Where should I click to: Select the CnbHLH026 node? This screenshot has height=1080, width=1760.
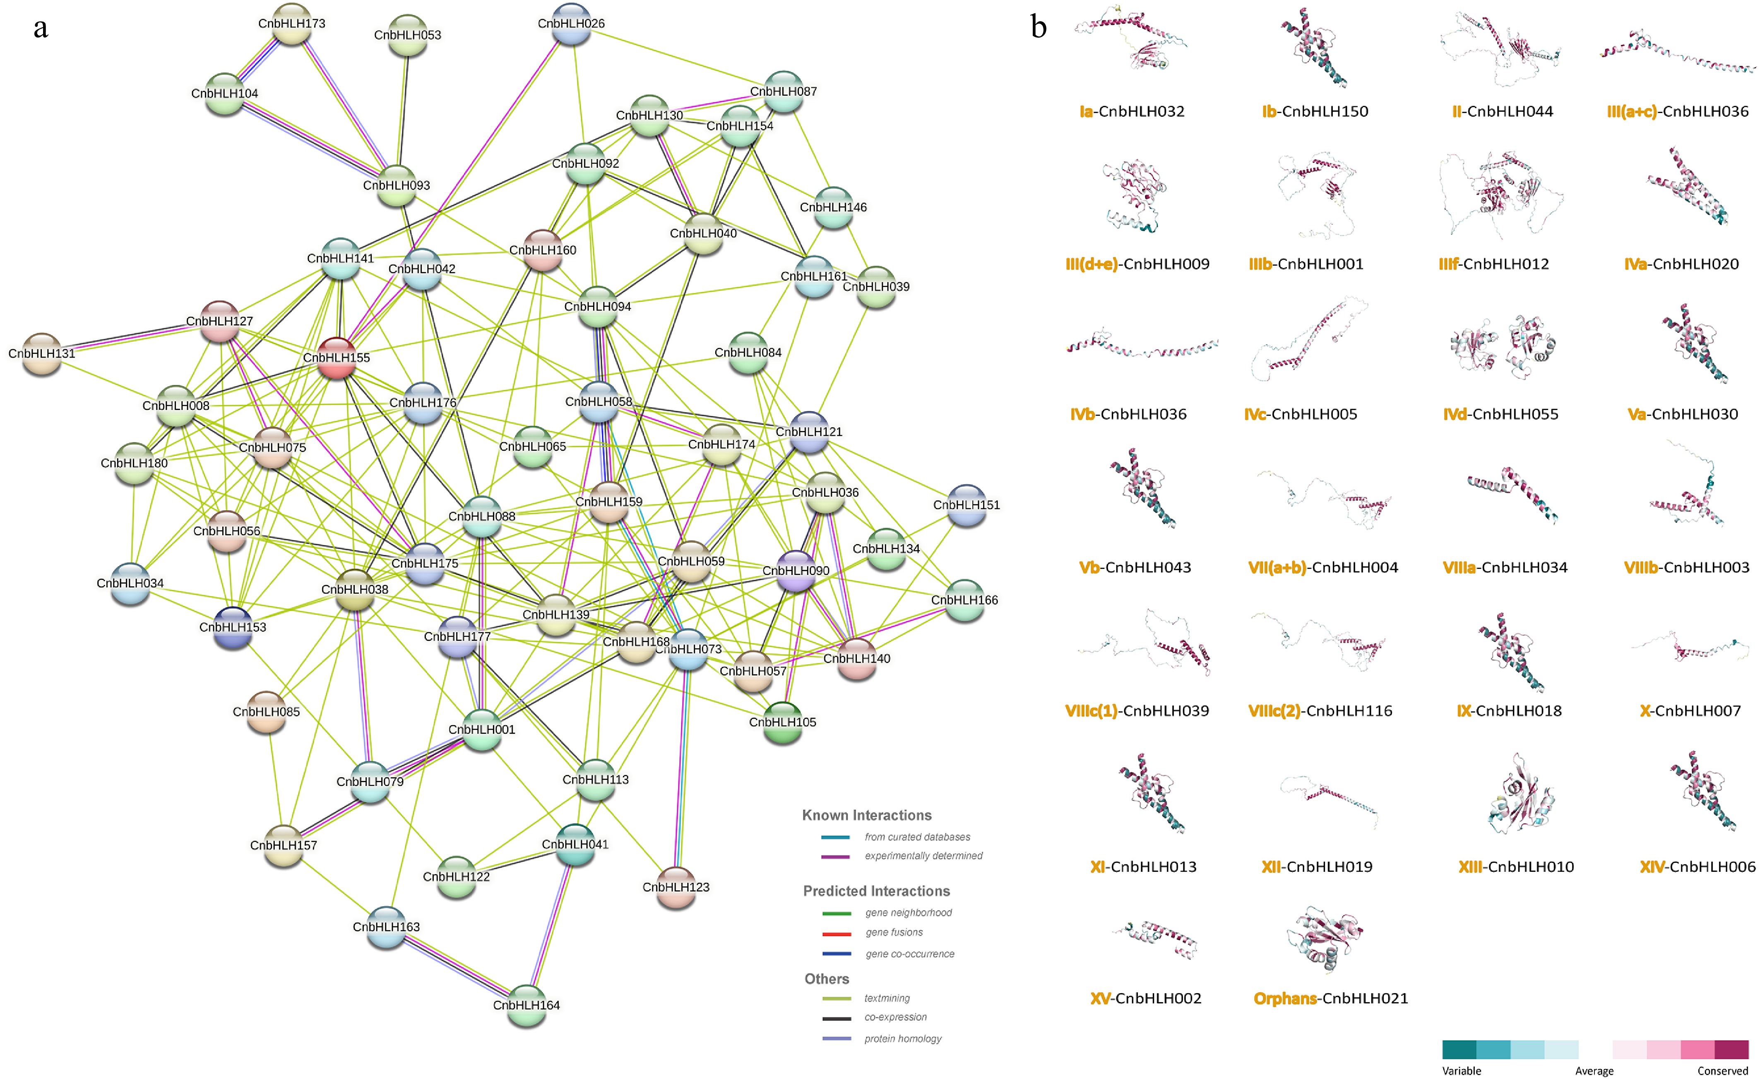(x=571, y=24)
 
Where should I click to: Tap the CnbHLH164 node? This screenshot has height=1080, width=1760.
(x=527, y=1005)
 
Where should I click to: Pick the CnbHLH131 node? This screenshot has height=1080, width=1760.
(x=41, y=353)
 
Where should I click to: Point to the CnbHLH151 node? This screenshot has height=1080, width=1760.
(x=967, y=505)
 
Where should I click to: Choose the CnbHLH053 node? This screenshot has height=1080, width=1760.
(x=407, y=35)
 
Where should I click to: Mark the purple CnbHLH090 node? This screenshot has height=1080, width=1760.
(x=796, y=571)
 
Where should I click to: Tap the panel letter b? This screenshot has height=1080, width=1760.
(x=1039, y=27)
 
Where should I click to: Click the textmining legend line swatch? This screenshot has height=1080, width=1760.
(x=837, y=998)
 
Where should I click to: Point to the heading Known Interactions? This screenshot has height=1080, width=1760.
(x=866, y=815)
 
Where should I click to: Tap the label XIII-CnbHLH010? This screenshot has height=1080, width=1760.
(x=1516, y=866)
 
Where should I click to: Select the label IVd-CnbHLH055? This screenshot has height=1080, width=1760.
(x=1501, y=414)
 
